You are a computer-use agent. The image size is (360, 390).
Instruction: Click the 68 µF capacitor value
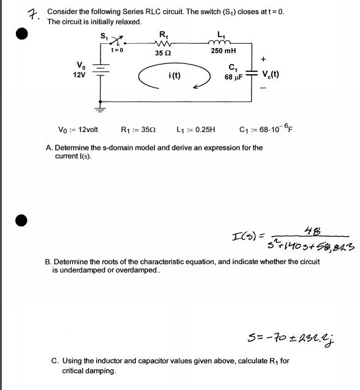pyautogui.click(x=233, y=77)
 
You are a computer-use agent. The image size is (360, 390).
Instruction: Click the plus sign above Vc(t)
pyautogui.click(x=263, y=59)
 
